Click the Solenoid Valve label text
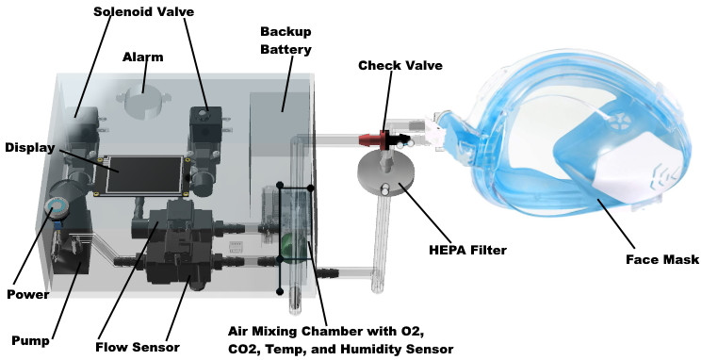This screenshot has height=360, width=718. (x=144, y=12)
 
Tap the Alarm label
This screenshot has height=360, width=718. (x=143, y=57)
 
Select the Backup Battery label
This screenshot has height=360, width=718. (x=286, y=41)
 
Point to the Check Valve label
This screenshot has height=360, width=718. (x=400, y=65)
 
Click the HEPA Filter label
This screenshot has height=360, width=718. (x=467, y=250)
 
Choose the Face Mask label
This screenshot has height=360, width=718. (x=662, y=260)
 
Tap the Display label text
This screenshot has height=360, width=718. (x=30, y=148)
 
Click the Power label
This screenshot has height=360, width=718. (x=28, y=294)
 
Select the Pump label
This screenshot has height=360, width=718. (x=30, y=341)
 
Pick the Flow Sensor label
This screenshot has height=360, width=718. (x=138, y=347)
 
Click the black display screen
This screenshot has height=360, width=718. (x=144, y=174)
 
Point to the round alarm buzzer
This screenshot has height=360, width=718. (x=143, y=102)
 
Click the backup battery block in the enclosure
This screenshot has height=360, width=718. (x=280, y=123)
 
